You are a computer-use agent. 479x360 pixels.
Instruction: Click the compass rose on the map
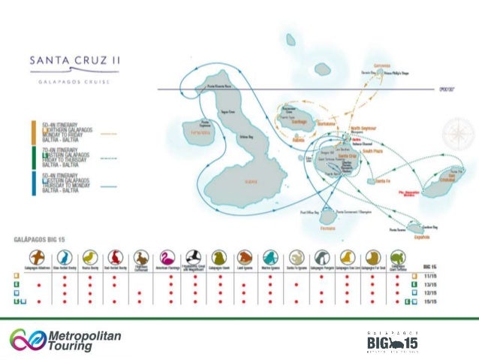coord(455,136)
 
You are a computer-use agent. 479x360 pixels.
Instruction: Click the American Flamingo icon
coord(169,257)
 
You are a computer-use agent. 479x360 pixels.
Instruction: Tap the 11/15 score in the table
coord(430,276)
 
